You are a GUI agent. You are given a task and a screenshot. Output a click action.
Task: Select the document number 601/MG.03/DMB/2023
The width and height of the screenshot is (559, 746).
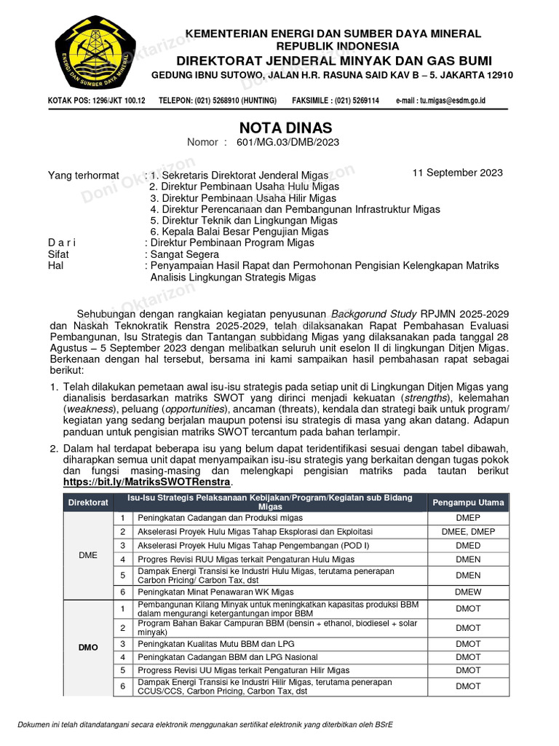point(288,143)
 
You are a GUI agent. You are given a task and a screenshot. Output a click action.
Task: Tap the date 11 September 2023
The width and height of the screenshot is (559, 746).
point(457,173)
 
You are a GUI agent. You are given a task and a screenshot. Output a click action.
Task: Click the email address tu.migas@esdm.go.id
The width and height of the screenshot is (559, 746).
point(440,100)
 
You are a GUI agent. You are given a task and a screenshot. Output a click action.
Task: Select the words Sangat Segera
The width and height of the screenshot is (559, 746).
point(184,254)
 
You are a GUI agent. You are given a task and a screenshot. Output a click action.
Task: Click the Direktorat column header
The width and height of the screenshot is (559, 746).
point(88,503)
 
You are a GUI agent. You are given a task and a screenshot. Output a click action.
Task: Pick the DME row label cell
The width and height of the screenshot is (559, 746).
point(88,555)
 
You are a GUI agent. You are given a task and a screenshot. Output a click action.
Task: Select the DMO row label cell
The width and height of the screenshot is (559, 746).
point(88,647)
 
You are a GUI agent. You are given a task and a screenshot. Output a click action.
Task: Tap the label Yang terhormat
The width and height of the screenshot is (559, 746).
point(84,175)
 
